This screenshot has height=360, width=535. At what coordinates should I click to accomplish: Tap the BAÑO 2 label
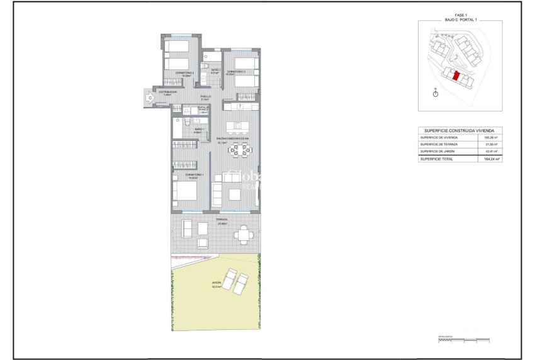[x=215, y=70]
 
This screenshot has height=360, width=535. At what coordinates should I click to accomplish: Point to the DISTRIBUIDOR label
[x=167, y=93]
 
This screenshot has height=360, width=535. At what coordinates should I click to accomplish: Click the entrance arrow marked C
[x=150, y=98]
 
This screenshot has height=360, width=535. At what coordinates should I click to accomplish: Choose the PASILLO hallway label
[x=205, y=98]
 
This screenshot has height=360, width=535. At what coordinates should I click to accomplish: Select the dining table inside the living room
[x=239, y=150]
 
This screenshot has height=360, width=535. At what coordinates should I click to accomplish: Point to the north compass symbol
[x=436, y=94]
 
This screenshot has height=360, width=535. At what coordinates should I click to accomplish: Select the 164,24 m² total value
[x=492, y=159]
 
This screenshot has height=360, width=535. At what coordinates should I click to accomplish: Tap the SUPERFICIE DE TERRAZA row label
[x=439, y=144]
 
